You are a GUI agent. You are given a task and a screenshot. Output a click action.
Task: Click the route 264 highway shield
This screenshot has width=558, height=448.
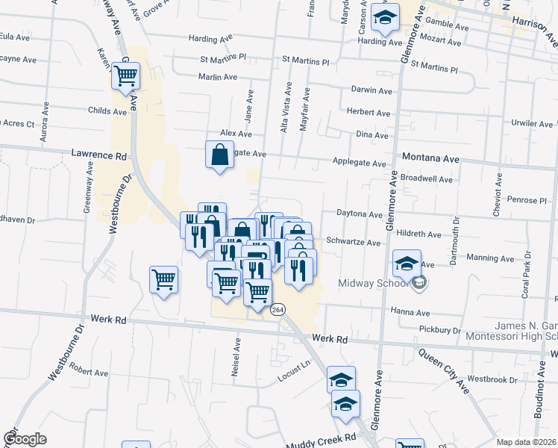(278, 309)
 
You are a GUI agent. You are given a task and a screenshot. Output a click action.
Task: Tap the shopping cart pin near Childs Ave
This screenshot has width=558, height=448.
(125, 75)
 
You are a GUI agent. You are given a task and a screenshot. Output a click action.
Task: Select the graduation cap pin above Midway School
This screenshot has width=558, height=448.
(407, 264)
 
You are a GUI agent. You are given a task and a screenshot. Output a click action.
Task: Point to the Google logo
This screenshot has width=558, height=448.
(25, 439)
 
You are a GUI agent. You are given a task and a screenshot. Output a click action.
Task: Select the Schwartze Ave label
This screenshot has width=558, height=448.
(354, 243)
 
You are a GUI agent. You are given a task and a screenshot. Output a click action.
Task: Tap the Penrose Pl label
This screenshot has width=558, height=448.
(527, 200)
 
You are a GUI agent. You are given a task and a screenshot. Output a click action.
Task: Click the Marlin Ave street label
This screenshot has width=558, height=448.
(217, 77)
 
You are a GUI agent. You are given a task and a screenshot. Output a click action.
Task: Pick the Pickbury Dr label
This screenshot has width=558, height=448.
(440, 329)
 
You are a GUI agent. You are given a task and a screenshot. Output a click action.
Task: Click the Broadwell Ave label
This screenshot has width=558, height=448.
(427, 179)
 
